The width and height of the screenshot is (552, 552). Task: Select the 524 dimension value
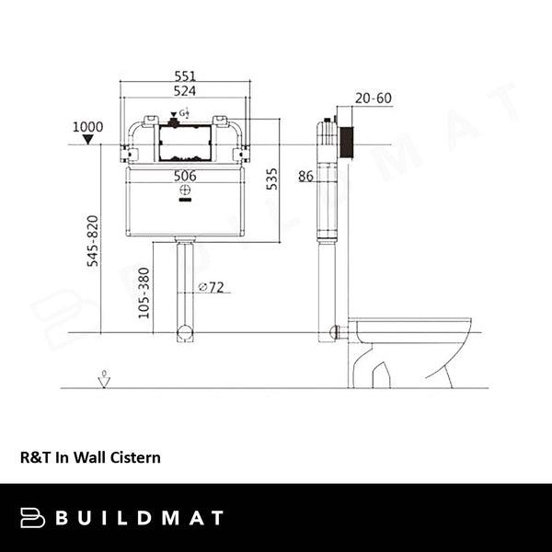(x=186, y=91)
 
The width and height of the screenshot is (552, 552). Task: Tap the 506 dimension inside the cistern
(x=185, y=175)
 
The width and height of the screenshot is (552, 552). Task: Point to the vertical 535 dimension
(x=271, y=178)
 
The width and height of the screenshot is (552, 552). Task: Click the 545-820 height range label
(x=92, y=241)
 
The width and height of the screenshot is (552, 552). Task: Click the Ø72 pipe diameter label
(x=214, y=287)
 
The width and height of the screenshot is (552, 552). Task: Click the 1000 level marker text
(x=89, y=127)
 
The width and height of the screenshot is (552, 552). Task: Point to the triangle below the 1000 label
(x=88, y=140)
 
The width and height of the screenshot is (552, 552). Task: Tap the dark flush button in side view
(x=347, y=144)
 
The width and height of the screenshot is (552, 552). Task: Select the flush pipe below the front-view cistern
(x=185, y=285)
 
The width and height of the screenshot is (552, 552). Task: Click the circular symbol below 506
(x=185, y=190)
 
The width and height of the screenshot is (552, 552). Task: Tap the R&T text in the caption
(x=33, y=455)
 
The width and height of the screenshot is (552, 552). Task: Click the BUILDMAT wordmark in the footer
(x=138, y=517)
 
